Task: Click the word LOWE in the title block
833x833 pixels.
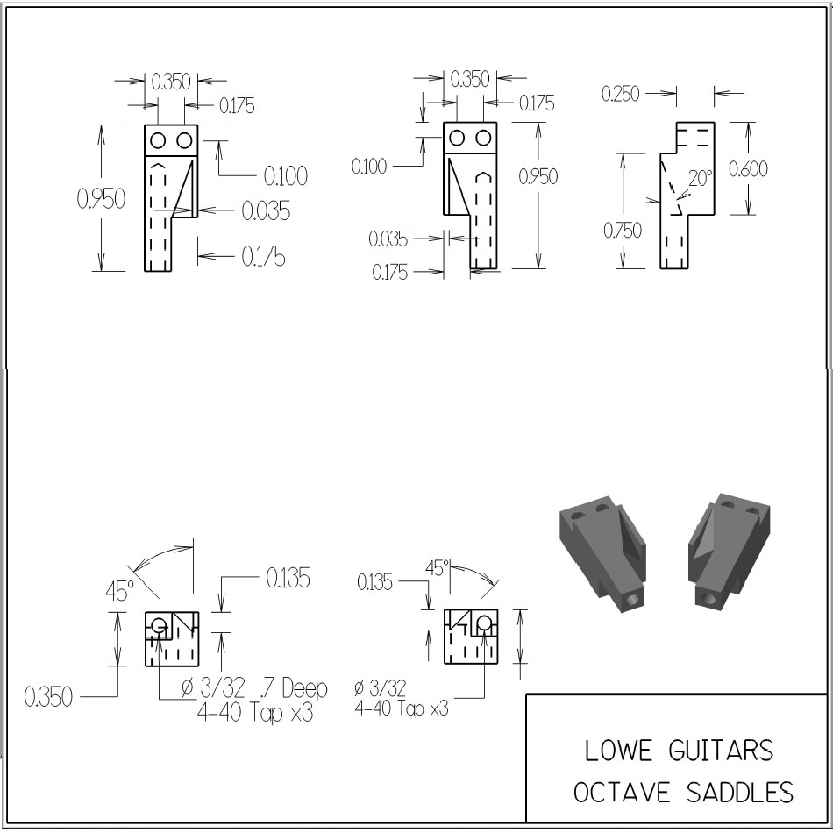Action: tap(618, 751)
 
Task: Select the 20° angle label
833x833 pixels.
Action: tap(701, 178)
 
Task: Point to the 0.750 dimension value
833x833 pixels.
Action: tap(622, 230)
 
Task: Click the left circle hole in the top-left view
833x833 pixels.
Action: tap(158, 140)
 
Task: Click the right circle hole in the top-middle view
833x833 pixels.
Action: tap(483, 139)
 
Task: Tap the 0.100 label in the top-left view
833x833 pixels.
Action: tap(286, 176)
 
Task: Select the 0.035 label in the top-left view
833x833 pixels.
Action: tap(266, 211)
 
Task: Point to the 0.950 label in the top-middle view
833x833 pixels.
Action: tap(538, 176)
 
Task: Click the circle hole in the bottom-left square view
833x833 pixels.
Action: tap(159, 626)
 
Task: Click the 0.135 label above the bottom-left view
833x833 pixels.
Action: tap(287, 579)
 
